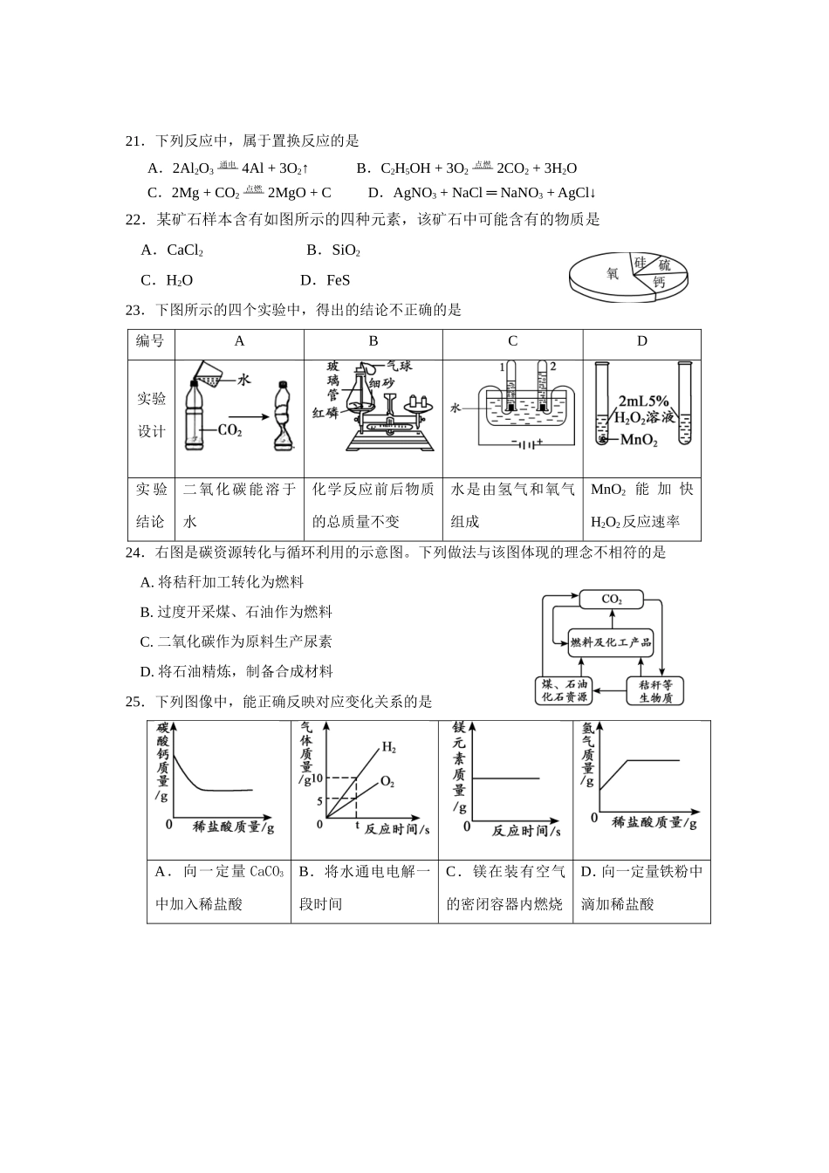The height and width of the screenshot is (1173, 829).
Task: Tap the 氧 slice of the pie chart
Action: (613, 273)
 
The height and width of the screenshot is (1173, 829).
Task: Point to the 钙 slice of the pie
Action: (659, 283)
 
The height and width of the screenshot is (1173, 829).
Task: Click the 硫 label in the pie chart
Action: (665, 264)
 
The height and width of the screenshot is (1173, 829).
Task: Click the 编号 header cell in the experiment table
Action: (150, 341)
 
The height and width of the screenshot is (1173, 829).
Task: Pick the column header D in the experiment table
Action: (641, 341)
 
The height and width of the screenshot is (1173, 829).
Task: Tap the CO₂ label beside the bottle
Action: (230, 430)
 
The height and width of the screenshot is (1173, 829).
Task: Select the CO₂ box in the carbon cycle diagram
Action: (612, 600)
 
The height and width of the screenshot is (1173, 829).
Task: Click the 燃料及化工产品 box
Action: (611, 642)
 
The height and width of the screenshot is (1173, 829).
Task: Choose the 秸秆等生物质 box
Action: (655, 691)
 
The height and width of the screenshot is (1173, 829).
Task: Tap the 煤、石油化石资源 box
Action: (565, 690)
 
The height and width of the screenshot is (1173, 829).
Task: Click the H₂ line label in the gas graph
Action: (388, 748)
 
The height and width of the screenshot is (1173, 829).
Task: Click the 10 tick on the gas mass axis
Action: (317, 779)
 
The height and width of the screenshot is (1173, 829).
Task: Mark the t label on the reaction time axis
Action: (357, 824)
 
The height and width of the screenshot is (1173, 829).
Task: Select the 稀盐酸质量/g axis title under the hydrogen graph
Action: (654, 822)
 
